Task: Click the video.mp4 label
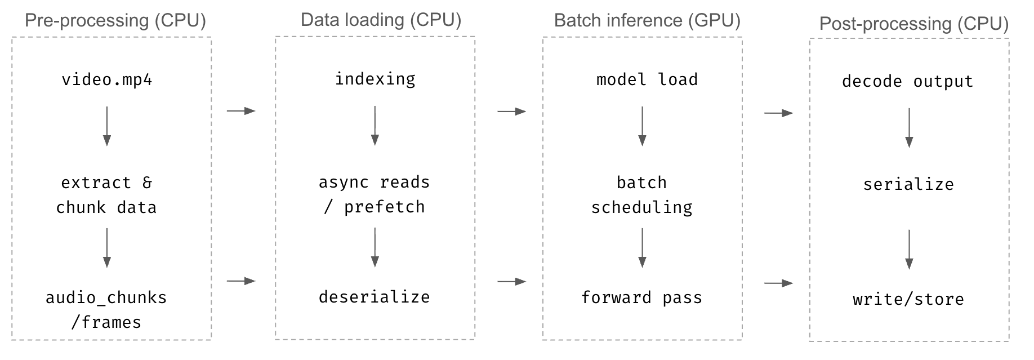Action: tap(106, 79)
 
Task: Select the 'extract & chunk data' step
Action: tap(106, 195)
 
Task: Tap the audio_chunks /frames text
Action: tap(106, 310)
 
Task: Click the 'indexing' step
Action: tap(375, 79)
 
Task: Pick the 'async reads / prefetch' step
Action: tap(375, 194)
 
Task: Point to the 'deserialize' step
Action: tap(375, 297)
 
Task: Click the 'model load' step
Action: tap(647, 79)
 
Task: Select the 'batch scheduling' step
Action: tap(642, 195)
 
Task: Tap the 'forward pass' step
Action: tap(642, 297)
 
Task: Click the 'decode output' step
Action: tap(908, 81)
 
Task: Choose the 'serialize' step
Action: tap(908, 184)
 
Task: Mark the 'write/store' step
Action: tap(908, 299)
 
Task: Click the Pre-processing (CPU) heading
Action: tap(115, 20)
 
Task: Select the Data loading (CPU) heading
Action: tap(381, 20)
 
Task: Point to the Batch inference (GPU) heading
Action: tap(647, 20)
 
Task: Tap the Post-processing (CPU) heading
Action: tap(913, 24)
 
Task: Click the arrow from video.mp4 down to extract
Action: tap(107, 126)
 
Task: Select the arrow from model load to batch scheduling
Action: tap(642, 126)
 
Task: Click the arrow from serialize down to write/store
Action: tap(908, 248)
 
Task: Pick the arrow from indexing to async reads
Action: tap(375, 126)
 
